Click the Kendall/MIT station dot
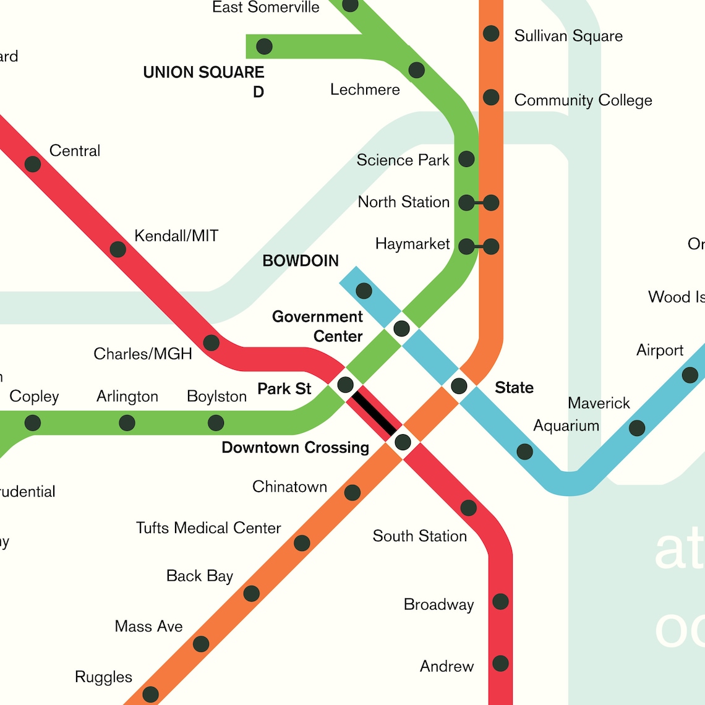[x=117, y=249]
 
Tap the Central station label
[x=74, y=151]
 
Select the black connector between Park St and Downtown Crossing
[x=374, y=413]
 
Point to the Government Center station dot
[x=401, y=328]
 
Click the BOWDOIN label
[x=301, y=261]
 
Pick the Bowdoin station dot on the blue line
[x=364, y=291]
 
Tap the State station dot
[x=459, y=387]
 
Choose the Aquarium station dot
[x=524, y=451]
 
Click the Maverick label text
[x=599, y=403]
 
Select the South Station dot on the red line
[x=469, y=508]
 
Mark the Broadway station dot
[x=500, y=601]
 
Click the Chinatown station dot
[x=352, y=493]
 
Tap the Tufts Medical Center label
[x=208, y=528]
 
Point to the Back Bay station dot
[x=251, y=594]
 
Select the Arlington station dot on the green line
[x=127, y=423]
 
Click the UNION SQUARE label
[x=203, y=72]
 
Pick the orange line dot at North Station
[x=491, y=202]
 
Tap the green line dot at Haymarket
[x=466, y=247]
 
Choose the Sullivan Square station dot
[x=491, y=33]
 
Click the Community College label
[x=583, y=100]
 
